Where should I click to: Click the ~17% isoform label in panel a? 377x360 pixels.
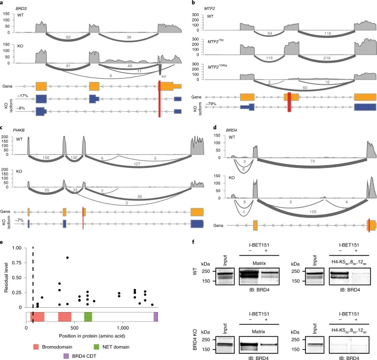pos(21,99)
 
